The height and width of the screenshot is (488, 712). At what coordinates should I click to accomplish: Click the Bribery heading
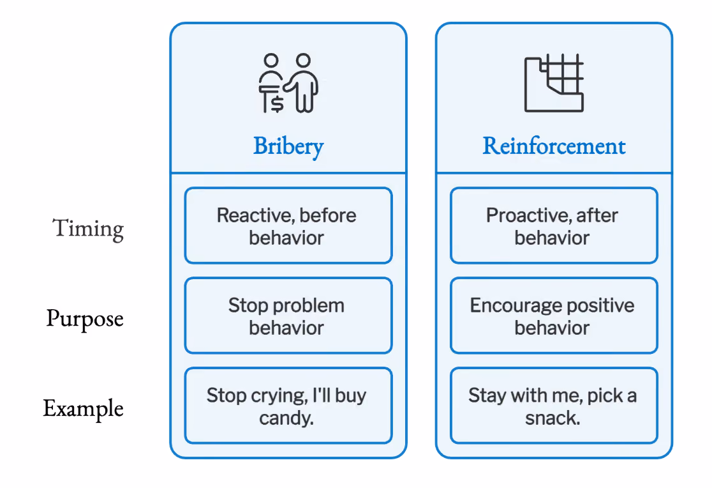point(288,147)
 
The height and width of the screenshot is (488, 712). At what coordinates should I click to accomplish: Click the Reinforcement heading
point(554,146)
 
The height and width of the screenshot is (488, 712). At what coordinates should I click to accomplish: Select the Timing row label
point(88,229)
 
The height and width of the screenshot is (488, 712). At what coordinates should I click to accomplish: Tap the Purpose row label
point(85,319)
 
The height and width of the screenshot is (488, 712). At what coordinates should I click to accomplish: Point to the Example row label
point(83,408)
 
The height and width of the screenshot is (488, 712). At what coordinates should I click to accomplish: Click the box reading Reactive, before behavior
point(288,225)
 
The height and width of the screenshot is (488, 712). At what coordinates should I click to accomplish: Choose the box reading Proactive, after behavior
point(554,225)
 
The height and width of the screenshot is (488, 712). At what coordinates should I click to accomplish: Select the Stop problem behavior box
point(288,316)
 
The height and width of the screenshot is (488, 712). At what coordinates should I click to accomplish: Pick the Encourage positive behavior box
point(554,316)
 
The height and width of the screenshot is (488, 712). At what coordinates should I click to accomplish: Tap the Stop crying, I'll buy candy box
point(288,406)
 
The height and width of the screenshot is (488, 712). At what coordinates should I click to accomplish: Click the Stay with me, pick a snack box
point(554,406)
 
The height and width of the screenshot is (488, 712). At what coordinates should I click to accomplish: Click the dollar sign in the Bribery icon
point(278,104)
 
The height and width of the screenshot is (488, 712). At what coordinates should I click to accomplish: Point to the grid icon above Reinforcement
point(554,83)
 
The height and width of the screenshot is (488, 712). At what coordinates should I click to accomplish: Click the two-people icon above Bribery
point(288,83)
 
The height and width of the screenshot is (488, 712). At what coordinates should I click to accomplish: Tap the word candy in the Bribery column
point(286,418)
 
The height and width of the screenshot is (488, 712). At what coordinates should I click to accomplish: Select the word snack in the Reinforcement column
point(553,418)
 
